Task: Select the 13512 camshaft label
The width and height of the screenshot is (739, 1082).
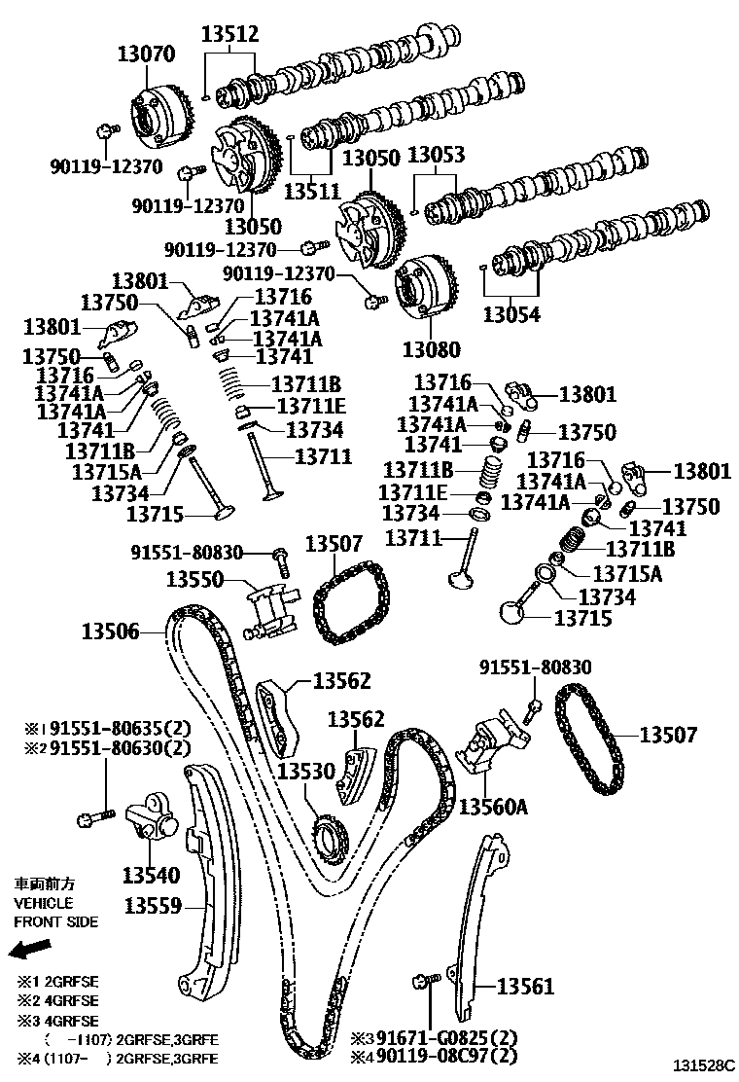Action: click(x=230, y=35)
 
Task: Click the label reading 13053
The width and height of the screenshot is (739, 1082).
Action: click(x=436, y=156)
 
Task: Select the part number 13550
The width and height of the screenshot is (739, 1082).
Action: click(x=195, y=579)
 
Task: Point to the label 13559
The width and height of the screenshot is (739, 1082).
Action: click(x=154, y=906)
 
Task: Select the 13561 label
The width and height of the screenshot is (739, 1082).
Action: click(x=526, y=988)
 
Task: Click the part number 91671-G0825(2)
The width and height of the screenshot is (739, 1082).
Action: click(x=447, y=1037)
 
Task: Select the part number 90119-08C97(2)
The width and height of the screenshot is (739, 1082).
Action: click(x=447, y=1056)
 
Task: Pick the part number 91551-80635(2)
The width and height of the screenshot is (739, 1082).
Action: click(x=121, y=729)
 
